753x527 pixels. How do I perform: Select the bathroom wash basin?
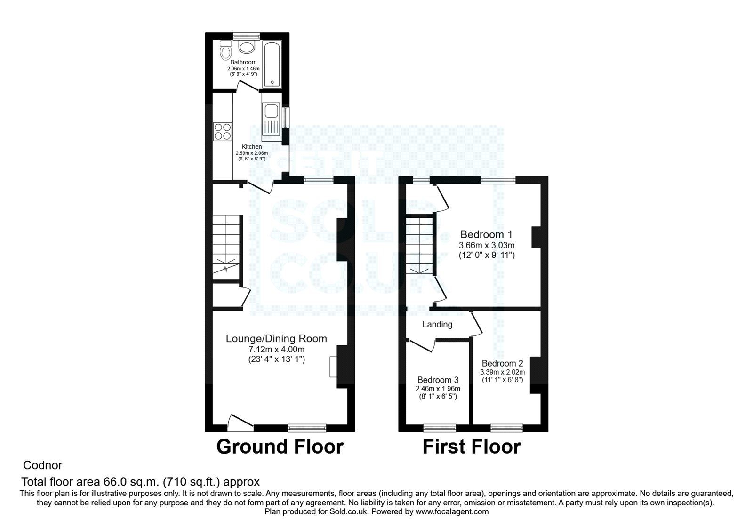[246, 47]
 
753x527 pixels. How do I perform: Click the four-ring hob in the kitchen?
[223, 131]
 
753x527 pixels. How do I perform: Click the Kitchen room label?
[252, 147]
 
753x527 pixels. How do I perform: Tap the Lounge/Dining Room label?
[276, 338]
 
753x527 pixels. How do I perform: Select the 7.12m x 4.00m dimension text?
[276, 350]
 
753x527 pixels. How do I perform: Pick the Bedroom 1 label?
[486, 234]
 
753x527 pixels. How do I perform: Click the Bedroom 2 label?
[502, 363]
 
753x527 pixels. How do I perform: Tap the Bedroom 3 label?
[438, 380]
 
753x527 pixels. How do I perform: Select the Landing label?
[437, 324]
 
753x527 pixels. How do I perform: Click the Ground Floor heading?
[280, 447]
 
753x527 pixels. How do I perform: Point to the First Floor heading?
[471, 447]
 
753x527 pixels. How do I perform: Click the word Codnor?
[43, 465]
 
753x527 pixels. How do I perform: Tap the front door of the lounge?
[240, 423]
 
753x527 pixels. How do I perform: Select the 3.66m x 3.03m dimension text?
[486, 245]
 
